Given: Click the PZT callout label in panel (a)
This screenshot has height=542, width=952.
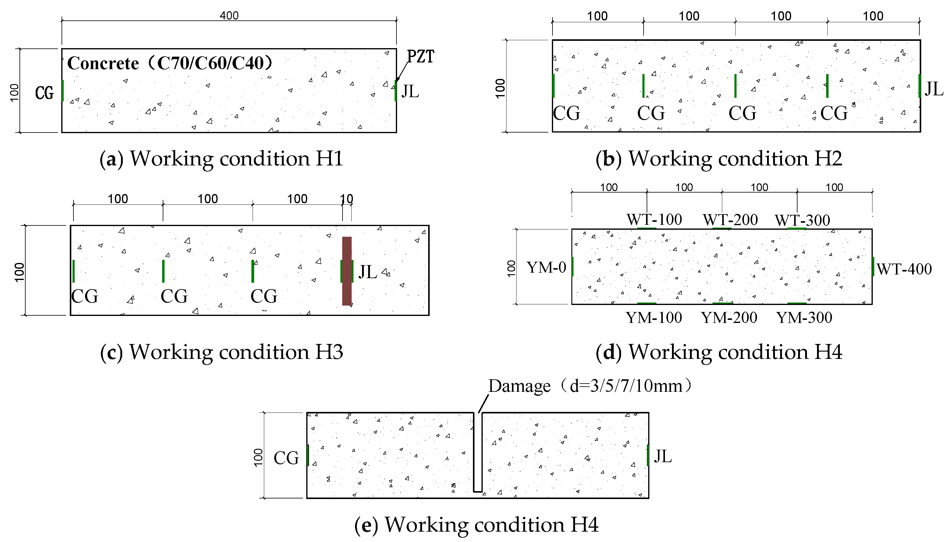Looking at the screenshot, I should click(x=420, y=57).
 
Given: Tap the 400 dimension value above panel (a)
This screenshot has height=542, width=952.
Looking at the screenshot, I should click(x=229, y=16).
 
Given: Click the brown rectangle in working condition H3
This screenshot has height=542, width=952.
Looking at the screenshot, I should click(x=346, y=271).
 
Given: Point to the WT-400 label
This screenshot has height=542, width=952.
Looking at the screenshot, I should click(x=904, y=269).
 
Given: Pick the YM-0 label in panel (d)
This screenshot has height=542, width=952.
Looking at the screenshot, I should click(x=546, y=267).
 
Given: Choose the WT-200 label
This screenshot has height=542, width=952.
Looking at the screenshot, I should click(x=730, y=220).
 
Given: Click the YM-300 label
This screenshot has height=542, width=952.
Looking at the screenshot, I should click(x=804, y=317).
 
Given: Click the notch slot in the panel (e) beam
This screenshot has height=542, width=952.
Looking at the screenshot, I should click(x=478, y=452).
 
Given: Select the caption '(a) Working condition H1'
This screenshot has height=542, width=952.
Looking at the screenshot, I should click(x=221, y=159).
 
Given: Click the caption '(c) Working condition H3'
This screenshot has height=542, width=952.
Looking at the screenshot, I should click(x=222, y=352).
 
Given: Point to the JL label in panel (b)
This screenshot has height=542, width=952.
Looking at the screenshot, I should click(x=934, y=89).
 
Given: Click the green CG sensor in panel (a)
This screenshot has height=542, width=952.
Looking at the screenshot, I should click(x=62, y=90).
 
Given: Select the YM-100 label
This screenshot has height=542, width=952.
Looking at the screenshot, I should click(x=654, y=317).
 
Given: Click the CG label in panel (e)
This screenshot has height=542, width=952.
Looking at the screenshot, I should click(x=286, y=458).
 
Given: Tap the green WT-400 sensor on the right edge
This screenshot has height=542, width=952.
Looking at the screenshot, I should click(x=873, y=267).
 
